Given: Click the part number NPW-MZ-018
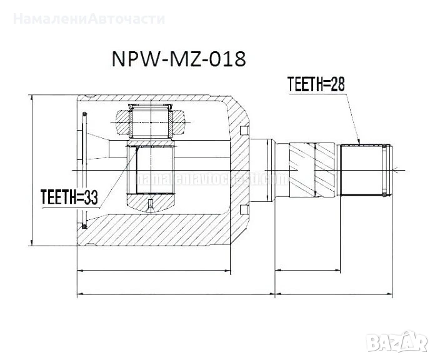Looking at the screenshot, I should [178, 59].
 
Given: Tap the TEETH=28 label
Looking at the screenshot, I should [316, 83].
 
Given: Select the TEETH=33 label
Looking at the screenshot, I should [69, 197].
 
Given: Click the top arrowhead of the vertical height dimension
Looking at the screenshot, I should [31, 99].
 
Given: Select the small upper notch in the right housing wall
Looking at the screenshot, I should [242, 129].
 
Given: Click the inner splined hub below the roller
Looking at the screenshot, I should [150, 169].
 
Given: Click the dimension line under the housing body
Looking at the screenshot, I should [154, 271].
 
